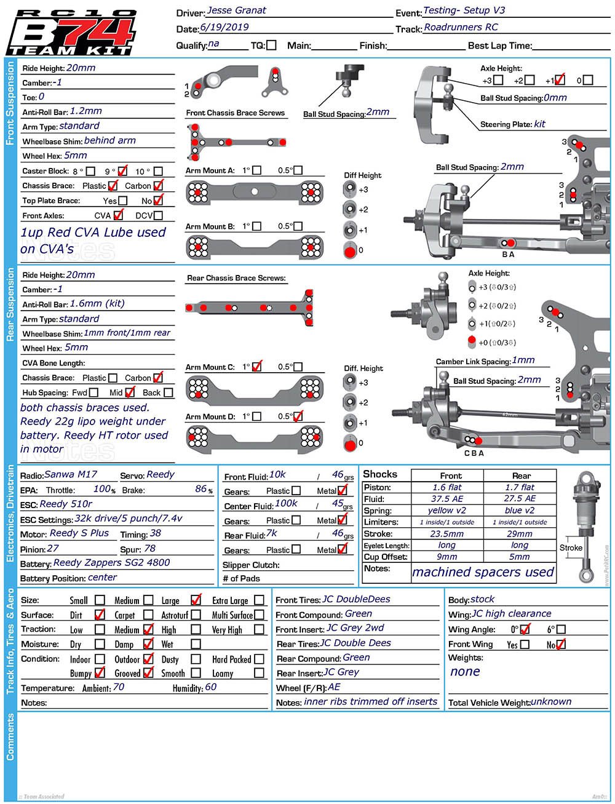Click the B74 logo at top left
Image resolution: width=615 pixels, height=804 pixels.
tap(71, 33)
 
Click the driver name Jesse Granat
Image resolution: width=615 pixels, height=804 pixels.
tap(236, 10)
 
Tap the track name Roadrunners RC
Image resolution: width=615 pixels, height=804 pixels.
tap(461, 27)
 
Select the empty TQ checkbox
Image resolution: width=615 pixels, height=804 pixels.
tap(271, 45)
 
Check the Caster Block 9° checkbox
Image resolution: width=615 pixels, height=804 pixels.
tap(122, 171)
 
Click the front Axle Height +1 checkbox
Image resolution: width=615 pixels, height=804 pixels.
tap(559, 80)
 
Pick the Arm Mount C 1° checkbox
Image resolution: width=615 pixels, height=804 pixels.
tap(257, 367)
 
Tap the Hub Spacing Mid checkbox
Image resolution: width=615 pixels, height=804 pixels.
tap(130, 392)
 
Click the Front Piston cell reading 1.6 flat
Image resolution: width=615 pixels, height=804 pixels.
tap(447, 487)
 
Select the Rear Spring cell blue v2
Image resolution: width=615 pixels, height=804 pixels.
tap(520, 511)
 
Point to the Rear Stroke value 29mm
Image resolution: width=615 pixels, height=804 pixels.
tap(520, 534)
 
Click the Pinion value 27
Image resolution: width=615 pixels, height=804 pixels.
tap(53, 549)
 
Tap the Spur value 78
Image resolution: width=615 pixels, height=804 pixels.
tap(149, 549)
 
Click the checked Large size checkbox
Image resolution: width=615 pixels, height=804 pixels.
tap(196, 600)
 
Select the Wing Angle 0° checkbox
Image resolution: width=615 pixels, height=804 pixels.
tap(525, 629)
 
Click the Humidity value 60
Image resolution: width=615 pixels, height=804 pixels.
tap(210, 687)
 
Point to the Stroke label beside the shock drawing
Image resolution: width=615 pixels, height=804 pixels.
tap(570, 547)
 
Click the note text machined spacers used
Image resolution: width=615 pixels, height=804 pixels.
tap(483, 572)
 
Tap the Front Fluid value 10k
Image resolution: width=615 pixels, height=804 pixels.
tap(277, 475)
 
